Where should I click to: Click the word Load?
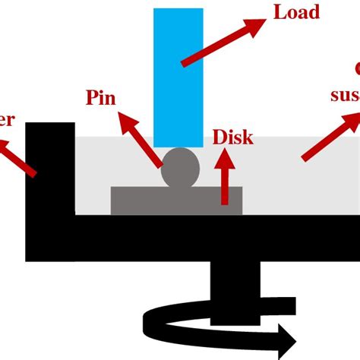[298, 13]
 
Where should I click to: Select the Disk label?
[232, 138]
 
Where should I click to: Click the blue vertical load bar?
[178, 76]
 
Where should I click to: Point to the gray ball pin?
[181, 168]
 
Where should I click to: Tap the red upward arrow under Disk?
[224, 178]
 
